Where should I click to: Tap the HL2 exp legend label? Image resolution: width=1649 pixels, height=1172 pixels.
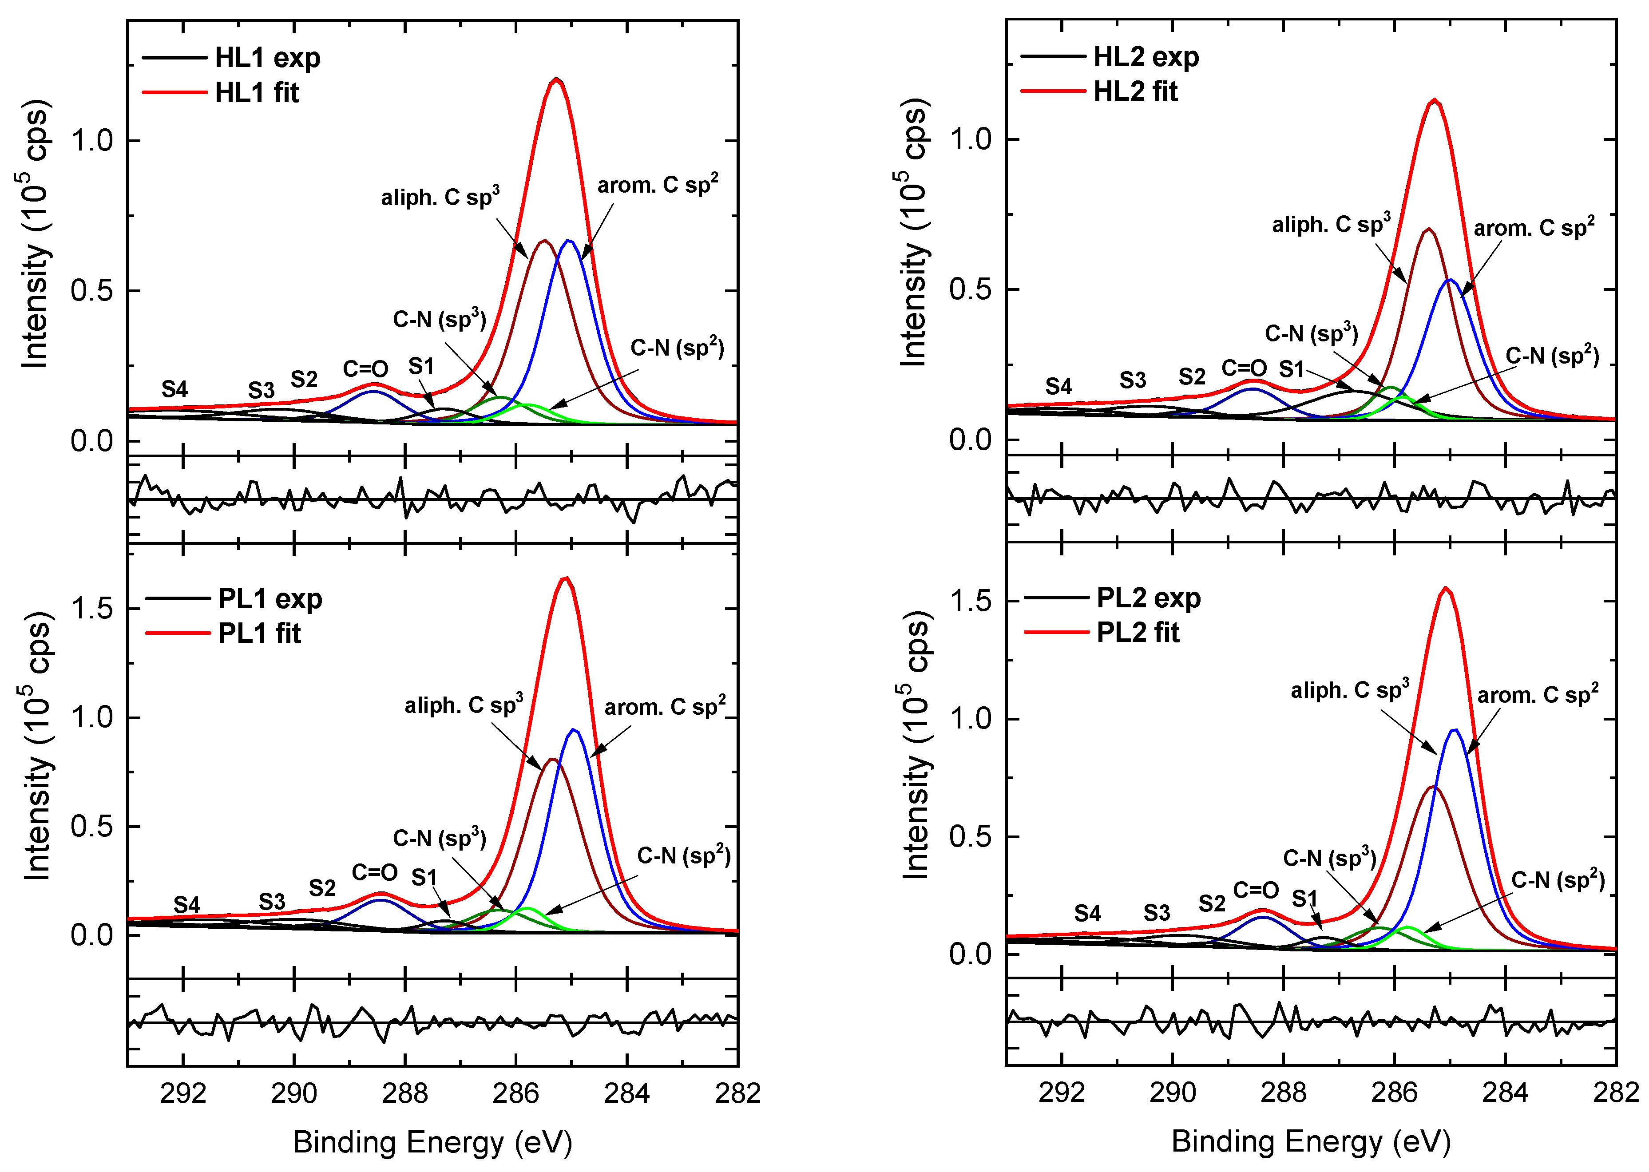(1145, 56)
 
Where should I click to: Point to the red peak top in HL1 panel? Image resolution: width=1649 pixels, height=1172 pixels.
(555, 79)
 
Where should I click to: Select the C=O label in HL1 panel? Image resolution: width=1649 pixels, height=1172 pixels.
(365, 369)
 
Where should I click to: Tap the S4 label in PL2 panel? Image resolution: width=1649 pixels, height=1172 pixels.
(1087, 913)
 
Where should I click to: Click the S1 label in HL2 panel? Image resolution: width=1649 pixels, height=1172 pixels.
(1292, 369)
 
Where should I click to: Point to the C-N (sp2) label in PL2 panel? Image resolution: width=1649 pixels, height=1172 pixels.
(1558, 880)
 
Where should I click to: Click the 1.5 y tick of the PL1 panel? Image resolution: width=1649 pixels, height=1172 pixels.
(92, 608)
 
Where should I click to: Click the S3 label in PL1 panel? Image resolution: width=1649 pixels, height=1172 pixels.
(272, 901)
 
